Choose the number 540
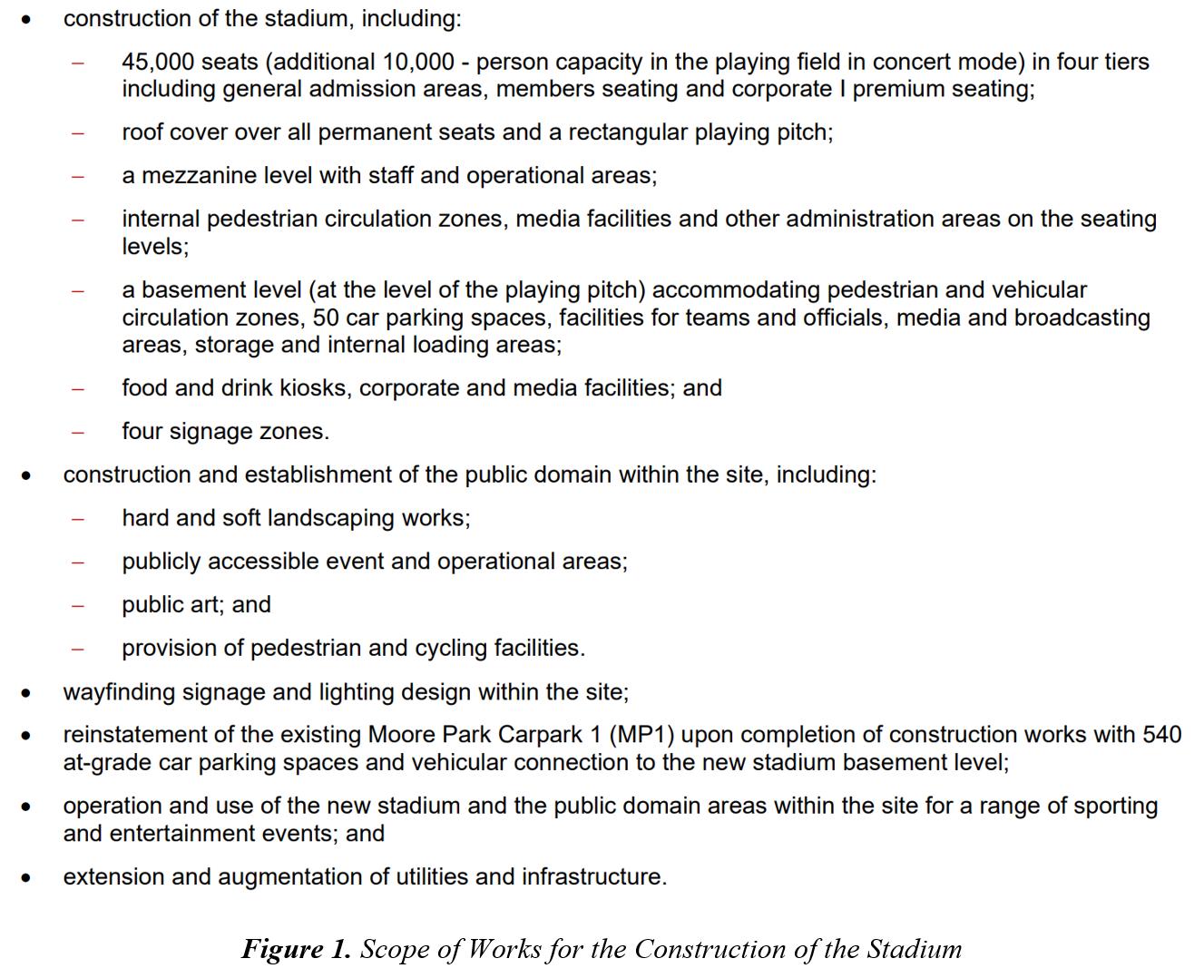(1161, 735)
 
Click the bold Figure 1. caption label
(296, 949)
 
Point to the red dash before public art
(79, 606)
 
